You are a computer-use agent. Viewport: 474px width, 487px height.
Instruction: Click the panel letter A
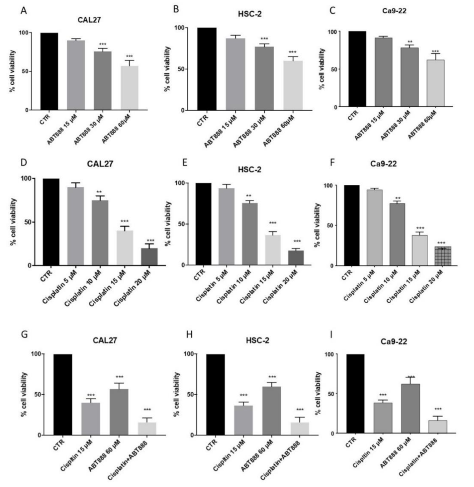tap(24, 11)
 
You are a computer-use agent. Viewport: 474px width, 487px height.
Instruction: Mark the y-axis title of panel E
tap(169, 224)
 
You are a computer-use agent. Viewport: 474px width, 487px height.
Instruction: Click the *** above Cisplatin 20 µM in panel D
tap(151, 241)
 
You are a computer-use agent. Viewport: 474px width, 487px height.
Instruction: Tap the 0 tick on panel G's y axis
tap(39, 435)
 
